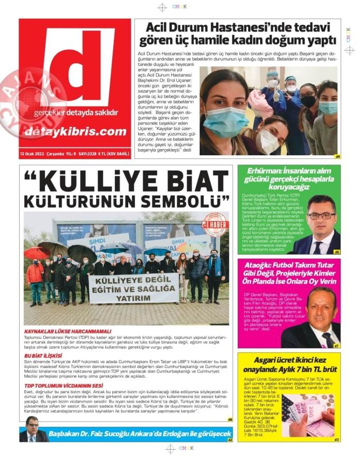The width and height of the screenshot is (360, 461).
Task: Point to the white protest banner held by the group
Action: coord(133,288)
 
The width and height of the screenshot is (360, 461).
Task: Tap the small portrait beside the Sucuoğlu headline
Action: coord(32,429)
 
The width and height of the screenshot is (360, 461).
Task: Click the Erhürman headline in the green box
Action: coord(289,179)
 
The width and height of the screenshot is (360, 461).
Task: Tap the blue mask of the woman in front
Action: coord(225,122)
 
